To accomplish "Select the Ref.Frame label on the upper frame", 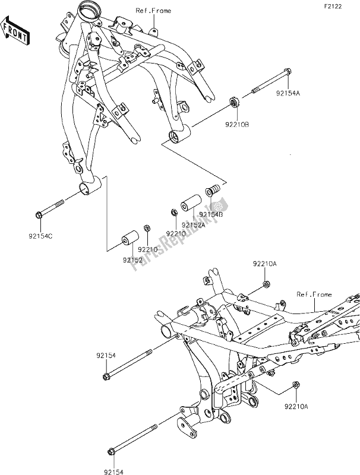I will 153,11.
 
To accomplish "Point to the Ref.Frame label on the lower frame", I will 314,294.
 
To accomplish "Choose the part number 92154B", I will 211,214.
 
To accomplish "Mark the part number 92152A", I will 194,224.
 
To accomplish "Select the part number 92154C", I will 40,235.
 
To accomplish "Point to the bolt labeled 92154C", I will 55,208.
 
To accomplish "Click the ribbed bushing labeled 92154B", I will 210,192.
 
